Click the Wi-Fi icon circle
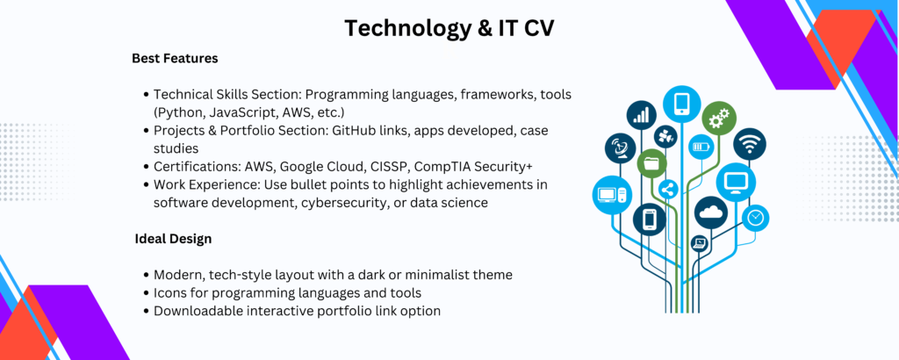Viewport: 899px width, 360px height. [750, 145]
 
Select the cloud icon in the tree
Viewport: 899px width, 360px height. [711, 213]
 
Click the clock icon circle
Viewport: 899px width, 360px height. [756, 218]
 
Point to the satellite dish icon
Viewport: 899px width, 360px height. [621, 148]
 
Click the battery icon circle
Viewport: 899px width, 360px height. [701, 147]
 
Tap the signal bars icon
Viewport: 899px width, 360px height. [642, 115]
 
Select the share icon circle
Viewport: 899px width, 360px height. [668, 189]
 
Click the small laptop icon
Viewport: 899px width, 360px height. [700, 243]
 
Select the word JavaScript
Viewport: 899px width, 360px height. [227, 112]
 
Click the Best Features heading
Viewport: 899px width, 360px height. [175, 59]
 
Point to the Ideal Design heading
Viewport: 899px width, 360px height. [173, 239]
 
